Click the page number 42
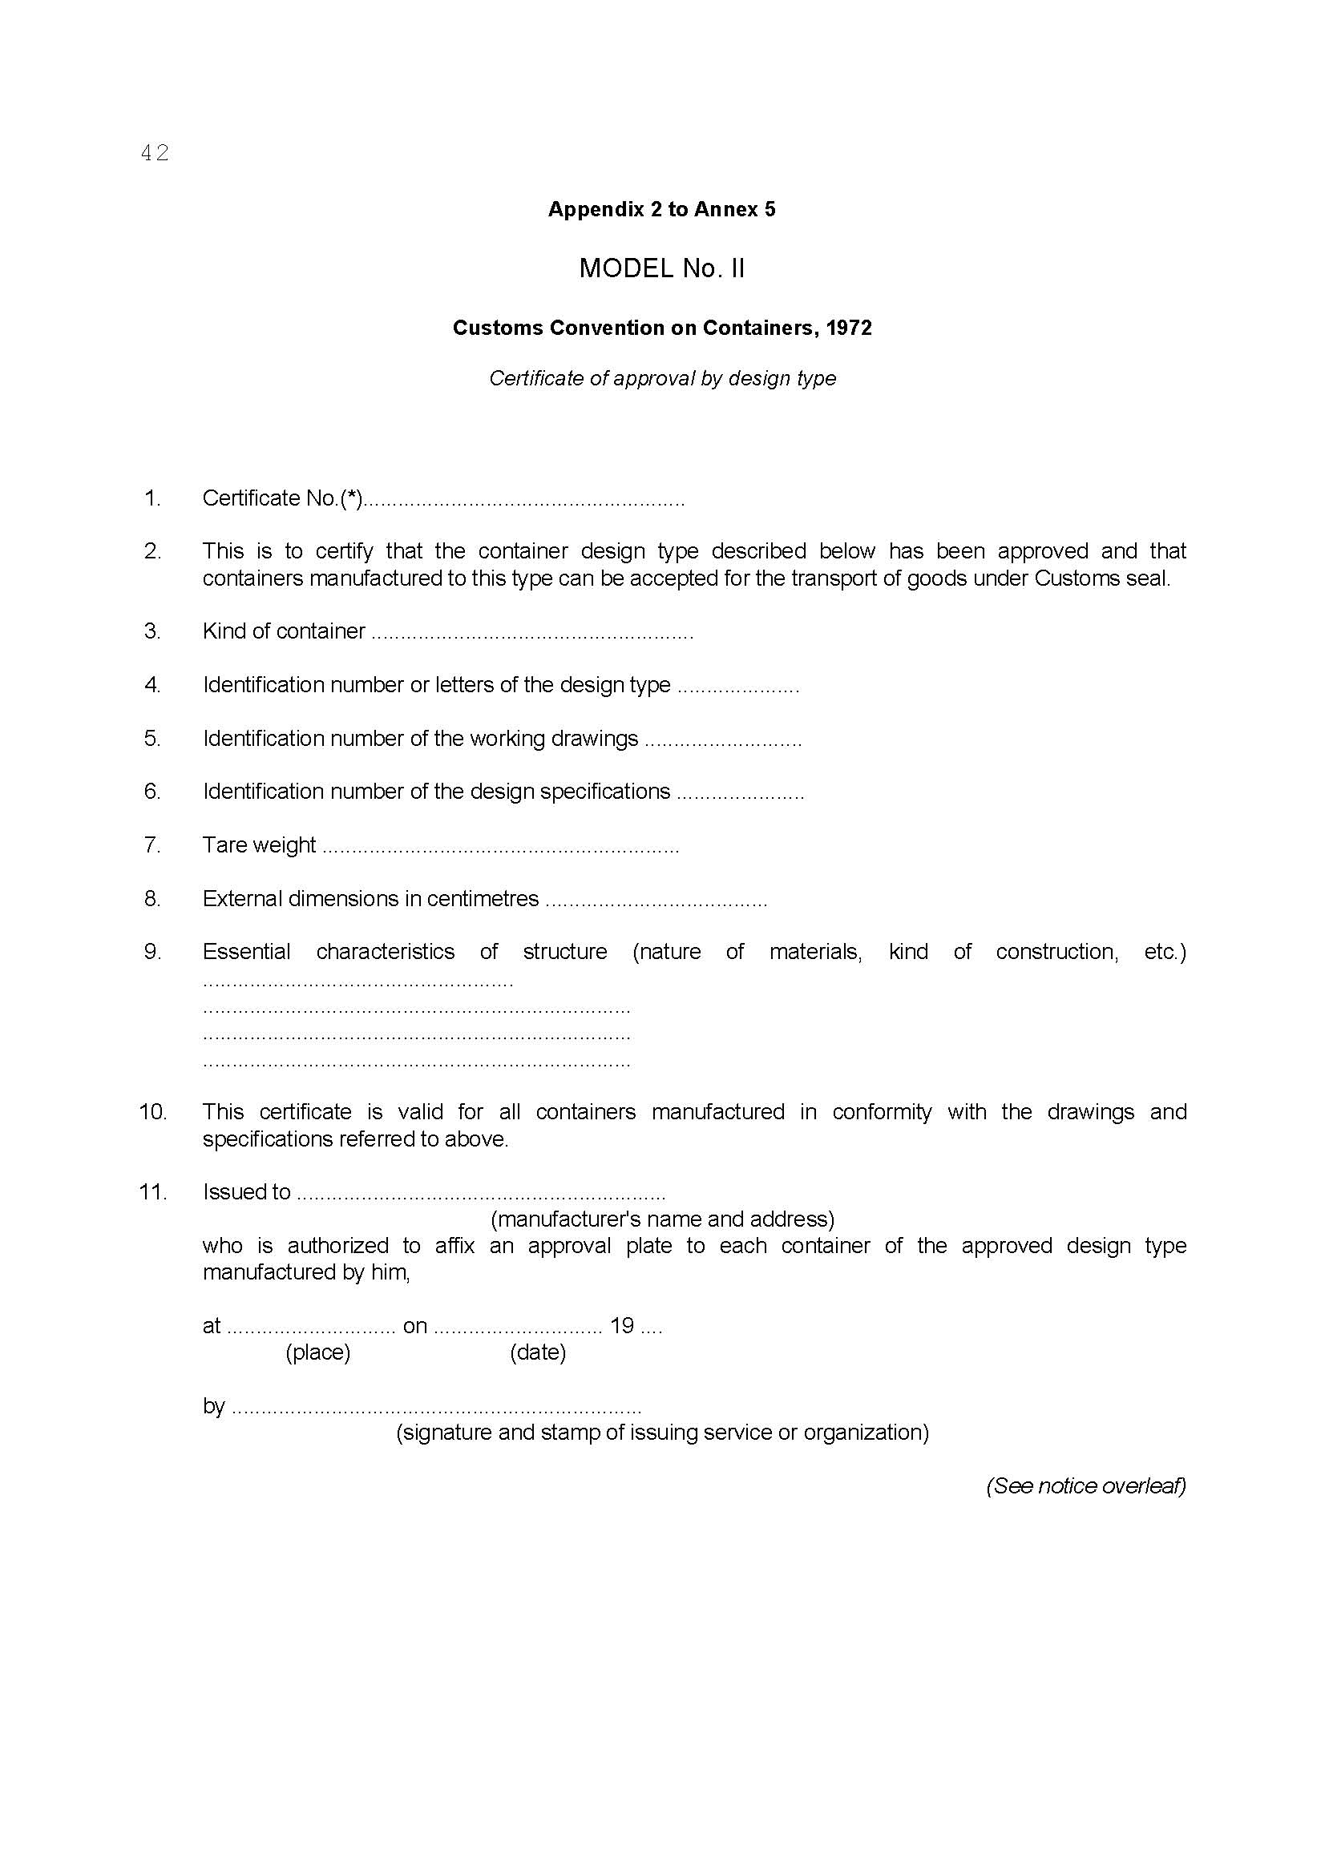[x=154, y=153]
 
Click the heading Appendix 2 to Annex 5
[x=661, y=210]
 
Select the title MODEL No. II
[x=661, y=268]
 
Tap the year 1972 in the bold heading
[x=848, y=328]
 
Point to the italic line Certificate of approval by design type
[x=662, y=379]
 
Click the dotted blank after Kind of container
[x=531, y=634]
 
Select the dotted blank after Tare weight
[x=499, y=847]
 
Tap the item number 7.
[x=152, y=844]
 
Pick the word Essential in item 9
[x=247, y=952]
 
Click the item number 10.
[x=152, y=1112]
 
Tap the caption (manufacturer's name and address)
[x=662, y=1219]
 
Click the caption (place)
[x=317, y=1352]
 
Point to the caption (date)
[x=538, y=1352]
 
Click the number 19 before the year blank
[x=622, y=1325]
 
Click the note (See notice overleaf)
[x=1086, y=1485]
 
